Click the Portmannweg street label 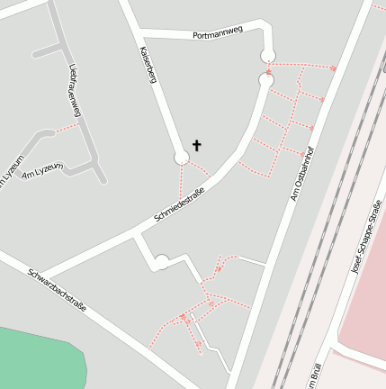click(x=218, y=33)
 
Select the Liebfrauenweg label click(x=74, y=91)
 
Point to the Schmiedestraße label click(x=179, y=204)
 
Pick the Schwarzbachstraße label click(x=56, y=290)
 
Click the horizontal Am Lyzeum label click(x=41, y=169)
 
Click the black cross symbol click(x=196, y=145)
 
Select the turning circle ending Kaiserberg click(x=181, y=158)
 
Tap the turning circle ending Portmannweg click(x=268, y=57)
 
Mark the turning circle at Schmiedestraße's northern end click(x=265, y=80)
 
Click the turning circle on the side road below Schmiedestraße click(x=160, y=263)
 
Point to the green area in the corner click(x=36, y=356)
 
